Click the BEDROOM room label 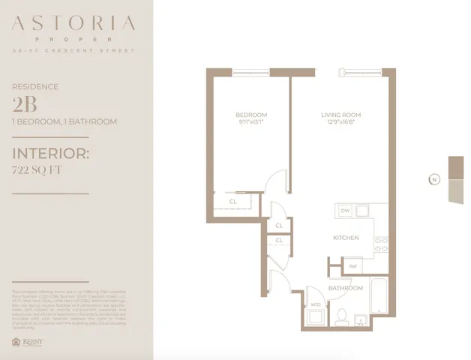(246, 115)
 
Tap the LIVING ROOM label (340, 115)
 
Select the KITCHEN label (346, 238)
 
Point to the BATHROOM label (346, 288)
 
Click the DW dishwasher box (345, 211)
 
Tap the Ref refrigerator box (352, 266)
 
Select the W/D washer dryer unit (315, 305)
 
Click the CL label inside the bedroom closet (233, 201)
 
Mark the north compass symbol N (433, 179)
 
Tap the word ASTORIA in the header (73, 25)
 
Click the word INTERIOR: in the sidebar (51, 154)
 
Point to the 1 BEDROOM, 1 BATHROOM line (64, 121)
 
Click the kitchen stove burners (363, 210)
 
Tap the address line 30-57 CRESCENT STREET (73, 51)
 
